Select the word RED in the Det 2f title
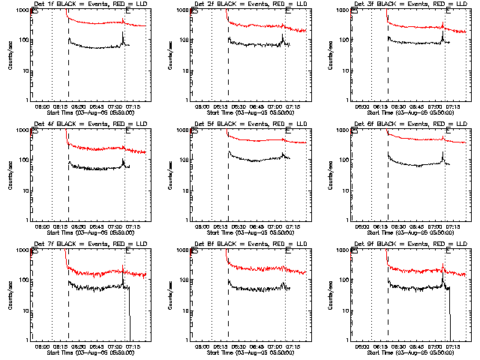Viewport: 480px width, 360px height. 278,5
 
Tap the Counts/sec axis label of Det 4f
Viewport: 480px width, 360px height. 10,175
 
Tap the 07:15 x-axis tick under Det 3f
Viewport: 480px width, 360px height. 454,106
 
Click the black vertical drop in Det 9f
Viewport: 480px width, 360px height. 449,315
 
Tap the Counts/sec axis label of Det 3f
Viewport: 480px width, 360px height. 329,55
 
